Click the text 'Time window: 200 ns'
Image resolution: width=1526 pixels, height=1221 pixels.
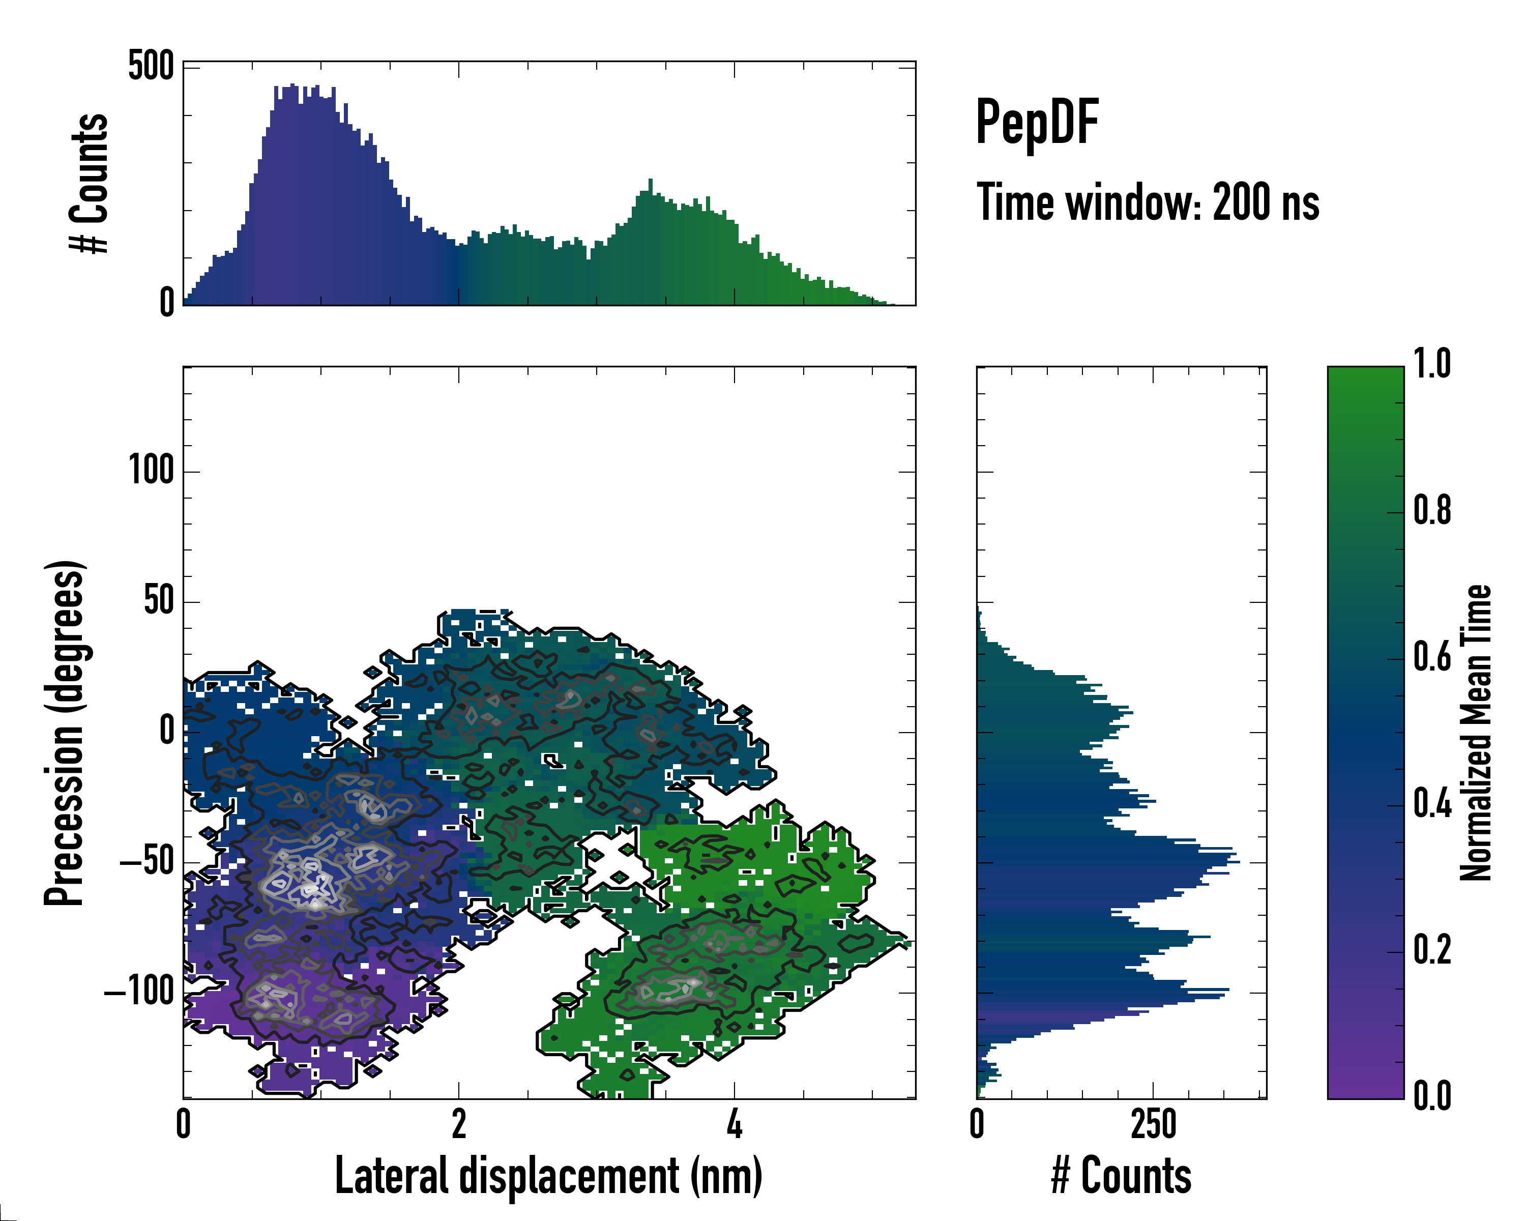point(1148,202)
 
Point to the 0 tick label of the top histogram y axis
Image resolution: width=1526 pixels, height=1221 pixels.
point(167,303)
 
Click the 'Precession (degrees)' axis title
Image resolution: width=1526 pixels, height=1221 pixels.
point(65,733)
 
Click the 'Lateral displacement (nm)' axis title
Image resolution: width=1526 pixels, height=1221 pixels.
point(548,1176)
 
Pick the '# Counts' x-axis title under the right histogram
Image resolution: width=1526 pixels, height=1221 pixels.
point(1121,1176)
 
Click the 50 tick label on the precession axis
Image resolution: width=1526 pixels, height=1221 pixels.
point(159,602)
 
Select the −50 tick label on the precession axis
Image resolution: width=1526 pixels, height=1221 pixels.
point(147,863)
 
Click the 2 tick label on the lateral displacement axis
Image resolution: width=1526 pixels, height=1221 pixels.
point(459,1124)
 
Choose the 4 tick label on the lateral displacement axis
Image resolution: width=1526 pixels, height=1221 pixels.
point(734,1124)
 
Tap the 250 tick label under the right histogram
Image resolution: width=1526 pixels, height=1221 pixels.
point(1153,1124)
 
